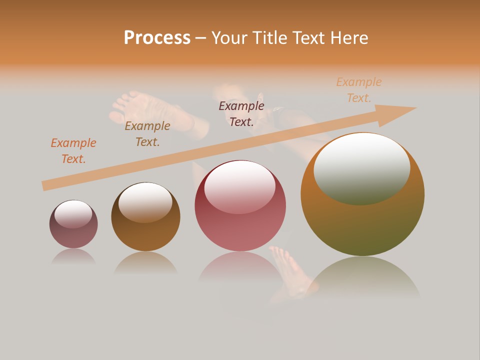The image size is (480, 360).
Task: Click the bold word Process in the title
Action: pyautogui.click(x=157, y=38)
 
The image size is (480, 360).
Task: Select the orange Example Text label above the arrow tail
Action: pyautogui.click(x=73, y=150)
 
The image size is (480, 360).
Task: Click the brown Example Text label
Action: pyautogui.click(x=147, y=133)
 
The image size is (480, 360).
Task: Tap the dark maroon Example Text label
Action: pyautogui.click(x=241, y=113)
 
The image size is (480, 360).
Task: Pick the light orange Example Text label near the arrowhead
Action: pyautogui.click(x=359, y=90)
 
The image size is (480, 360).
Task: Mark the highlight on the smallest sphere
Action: pyautogui.click(x=73, y=213)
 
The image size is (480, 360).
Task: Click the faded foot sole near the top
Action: pyautogui.click(x=132, y=107)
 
